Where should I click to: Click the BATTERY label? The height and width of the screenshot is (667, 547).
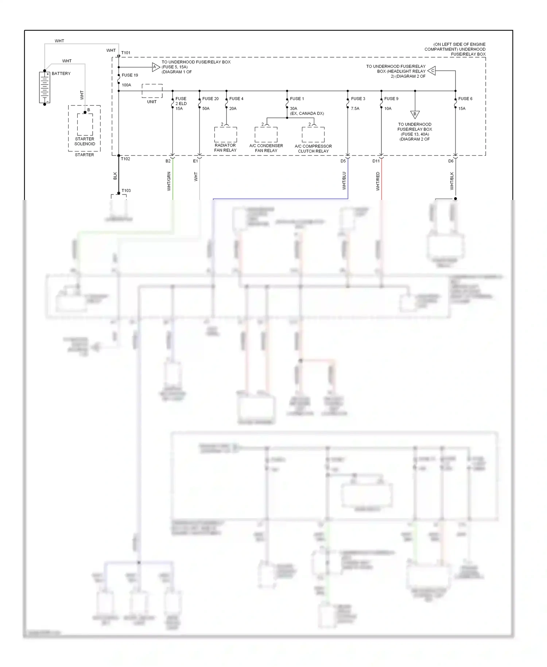[61, 73]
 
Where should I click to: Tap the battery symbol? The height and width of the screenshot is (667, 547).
[44, 88]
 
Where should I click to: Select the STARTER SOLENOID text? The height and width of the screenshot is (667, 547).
[85, 141]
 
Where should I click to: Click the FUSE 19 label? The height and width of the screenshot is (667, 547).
[130, 75]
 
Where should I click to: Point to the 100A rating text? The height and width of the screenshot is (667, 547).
[126, 85]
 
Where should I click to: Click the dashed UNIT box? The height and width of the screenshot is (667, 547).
[152, 91]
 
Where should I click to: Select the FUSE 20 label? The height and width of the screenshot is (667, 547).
[210, 99]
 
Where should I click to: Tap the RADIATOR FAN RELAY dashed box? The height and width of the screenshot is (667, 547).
[225, 134]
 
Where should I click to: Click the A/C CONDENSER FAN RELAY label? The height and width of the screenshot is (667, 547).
[266, 148]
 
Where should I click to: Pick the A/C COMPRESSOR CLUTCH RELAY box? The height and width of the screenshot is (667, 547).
[313, 134]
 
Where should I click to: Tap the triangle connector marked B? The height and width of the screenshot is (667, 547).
[415, 114]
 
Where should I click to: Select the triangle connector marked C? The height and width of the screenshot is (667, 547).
[432, 71]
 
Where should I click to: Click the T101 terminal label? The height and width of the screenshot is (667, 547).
[125, 53]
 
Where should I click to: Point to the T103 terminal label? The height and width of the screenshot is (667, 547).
[126, 190]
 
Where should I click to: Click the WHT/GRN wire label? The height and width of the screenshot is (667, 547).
[169, 181]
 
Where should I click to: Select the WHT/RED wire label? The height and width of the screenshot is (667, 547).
[378, 181]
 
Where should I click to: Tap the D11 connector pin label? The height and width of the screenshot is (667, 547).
[376, 161]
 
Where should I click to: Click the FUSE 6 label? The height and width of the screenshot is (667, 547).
[465, 99]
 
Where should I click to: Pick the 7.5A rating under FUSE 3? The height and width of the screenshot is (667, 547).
[355, 108]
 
